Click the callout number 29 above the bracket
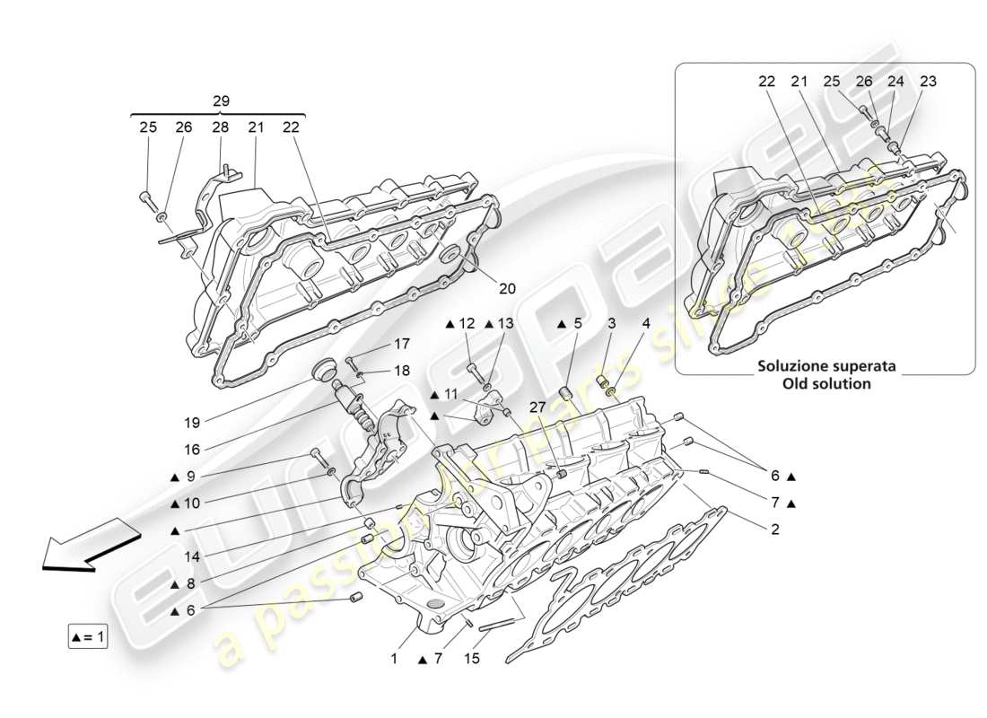point(221,101)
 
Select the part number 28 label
point(220,128)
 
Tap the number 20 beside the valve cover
point(507,289)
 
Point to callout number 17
point(400,344)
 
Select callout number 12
point(467,323)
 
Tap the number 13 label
point(506,323)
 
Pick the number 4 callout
point(644,323)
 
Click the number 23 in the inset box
point(928,81)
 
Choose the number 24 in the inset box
point(895,81)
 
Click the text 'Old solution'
point(826,383)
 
